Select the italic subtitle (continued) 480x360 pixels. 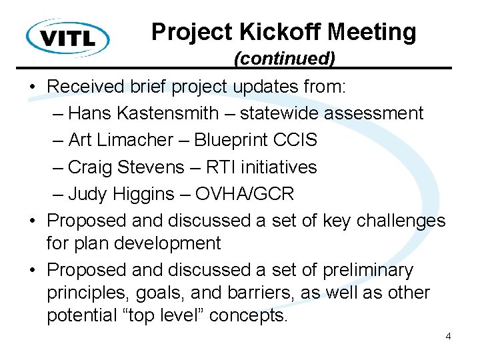[x=284, y=59]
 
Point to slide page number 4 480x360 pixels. [x=448, y=336]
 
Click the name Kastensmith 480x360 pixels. [x=175, y=113]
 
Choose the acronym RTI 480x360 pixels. [x=224, y=167]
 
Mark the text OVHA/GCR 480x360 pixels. [x=245, y=194]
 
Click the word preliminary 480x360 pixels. [x=367, y=270]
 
